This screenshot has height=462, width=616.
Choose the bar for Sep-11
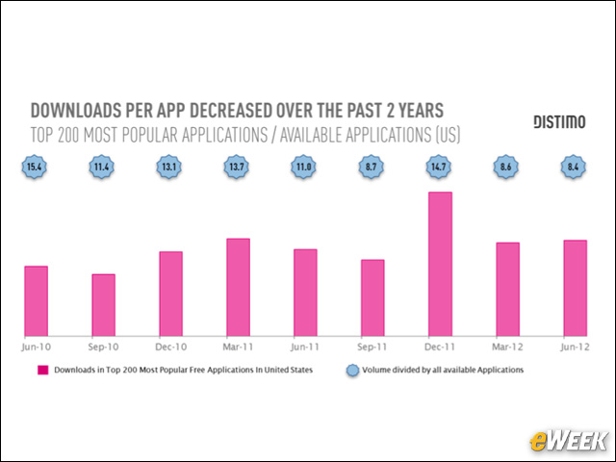click(x=372, y=295)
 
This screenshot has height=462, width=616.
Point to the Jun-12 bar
click(x=575, y=286)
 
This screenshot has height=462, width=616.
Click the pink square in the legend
click(x=42, y=370)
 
